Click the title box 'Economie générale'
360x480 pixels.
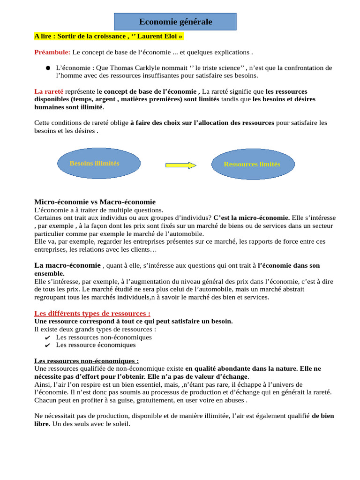175,22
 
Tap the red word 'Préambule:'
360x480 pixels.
52,52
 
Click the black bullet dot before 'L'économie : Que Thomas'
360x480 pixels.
48,68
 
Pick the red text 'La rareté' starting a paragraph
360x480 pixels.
49,91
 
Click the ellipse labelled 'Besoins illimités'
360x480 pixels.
98,163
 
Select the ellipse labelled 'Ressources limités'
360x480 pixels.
253,164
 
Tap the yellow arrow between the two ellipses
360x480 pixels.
181,165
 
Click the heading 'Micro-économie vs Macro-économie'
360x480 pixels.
95,202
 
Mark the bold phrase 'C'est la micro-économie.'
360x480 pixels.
251,218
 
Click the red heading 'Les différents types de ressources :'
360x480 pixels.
92,313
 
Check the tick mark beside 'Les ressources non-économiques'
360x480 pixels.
47,337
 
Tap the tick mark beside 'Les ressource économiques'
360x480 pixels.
47,345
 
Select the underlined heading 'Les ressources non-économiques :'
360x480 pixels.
87,361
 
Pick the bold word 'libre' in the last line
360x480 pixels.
41,424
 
